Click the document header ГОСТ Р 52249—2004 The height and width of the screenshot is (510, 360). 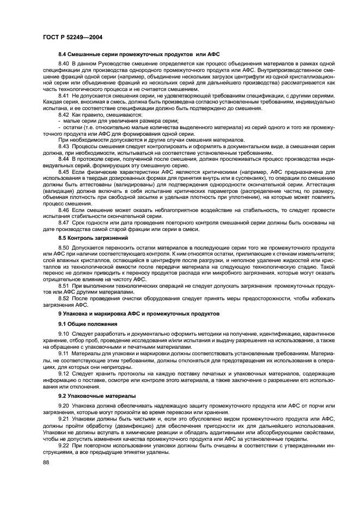[x=73, y=37]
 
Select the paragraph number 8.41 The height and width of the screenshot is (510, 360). [x=64, y=95]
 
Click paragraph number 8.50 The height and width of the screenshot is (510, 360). [x=64, y=247]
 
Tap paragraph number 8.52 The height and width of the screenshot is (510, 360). [x=64, y=298]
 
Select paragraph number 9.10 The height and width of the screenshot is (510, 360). [x=64, y=333]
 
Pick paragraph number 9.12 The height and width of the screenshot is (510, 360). [x=64, y=374]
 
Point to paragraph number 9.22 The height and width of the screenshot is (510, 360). [x=64, y=445]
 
